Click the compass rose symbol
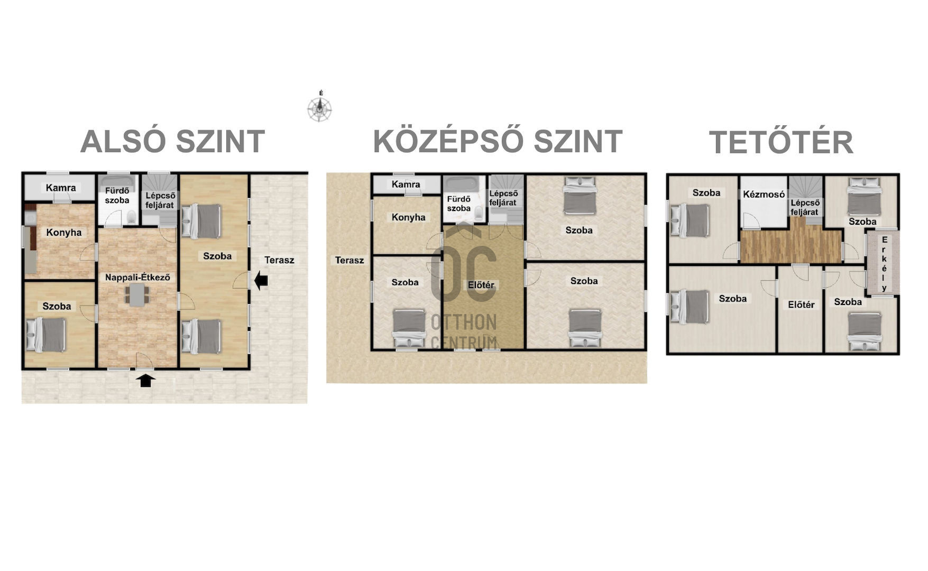click(x=320, y=109)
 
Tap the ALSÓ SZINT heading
click(x=172, y=141)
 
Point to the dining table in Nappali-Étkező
click(x=137, y=294)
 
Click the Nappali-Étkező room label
click(x=137, y=277)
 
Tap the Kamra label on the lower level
click(x=61, y=188)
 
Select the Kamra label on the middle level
click(x=406, y=184)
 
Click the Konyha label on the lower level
click(x=64, y=232)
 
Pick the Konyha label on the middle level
click(x=409, y=217)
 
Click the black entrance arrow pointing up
click(x=145, y=380)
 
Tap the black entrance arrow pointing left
click(x=261, y=281)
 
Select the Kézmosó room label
click(x=764, y=194)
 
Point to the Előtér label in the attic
click(x=801, y=305)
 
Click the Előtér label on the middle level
click(x=481, y=285)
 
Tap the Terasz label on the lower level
click(x=279, y=260)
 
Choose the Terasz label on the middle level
click(x=350, y=260)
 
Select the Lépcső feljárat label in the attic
click(x=805, y=207)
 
